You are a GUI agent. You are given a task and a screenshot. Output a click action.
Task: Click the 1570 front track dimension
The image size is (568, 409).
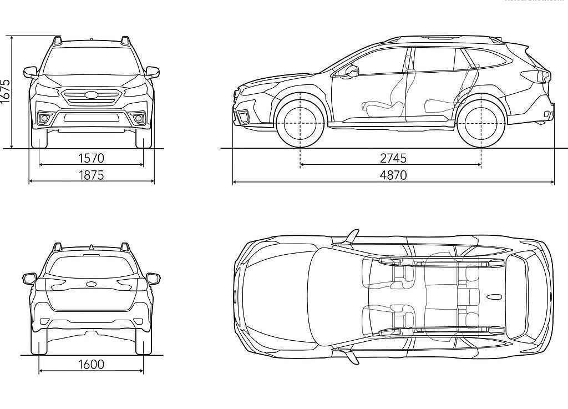click(x=91, y=158)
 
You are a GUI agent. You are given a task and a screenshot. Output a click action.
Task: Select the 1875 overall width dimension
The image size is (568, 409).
click(x=91, y=175)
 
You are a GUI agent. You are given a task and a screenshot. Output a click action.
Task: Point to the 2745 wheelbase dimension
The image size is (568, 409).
click(x=393, y=158)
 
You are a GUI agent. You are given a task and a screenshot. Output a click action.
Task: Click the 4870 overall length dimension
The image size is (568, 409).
click(x=393, y=175)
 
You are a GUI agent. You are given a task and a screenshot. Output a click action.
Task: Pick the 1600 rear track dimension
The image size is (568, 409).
click(x=91, y=364)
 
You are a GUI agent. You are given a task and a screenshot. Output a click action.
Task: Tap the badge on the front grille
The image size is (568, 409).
click(x=91, y=95)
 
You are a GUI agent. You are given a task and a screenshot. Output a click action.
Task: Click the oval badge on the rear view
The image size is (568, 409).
click(x=91, y=284)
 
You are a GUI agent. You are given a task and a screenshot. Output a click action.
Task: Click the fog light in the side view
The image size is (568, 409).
click(x=243, y=115)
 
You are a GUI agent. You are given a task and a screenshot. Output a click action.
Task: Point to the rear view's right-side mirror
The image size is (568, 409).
click(x=153, y=278)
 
